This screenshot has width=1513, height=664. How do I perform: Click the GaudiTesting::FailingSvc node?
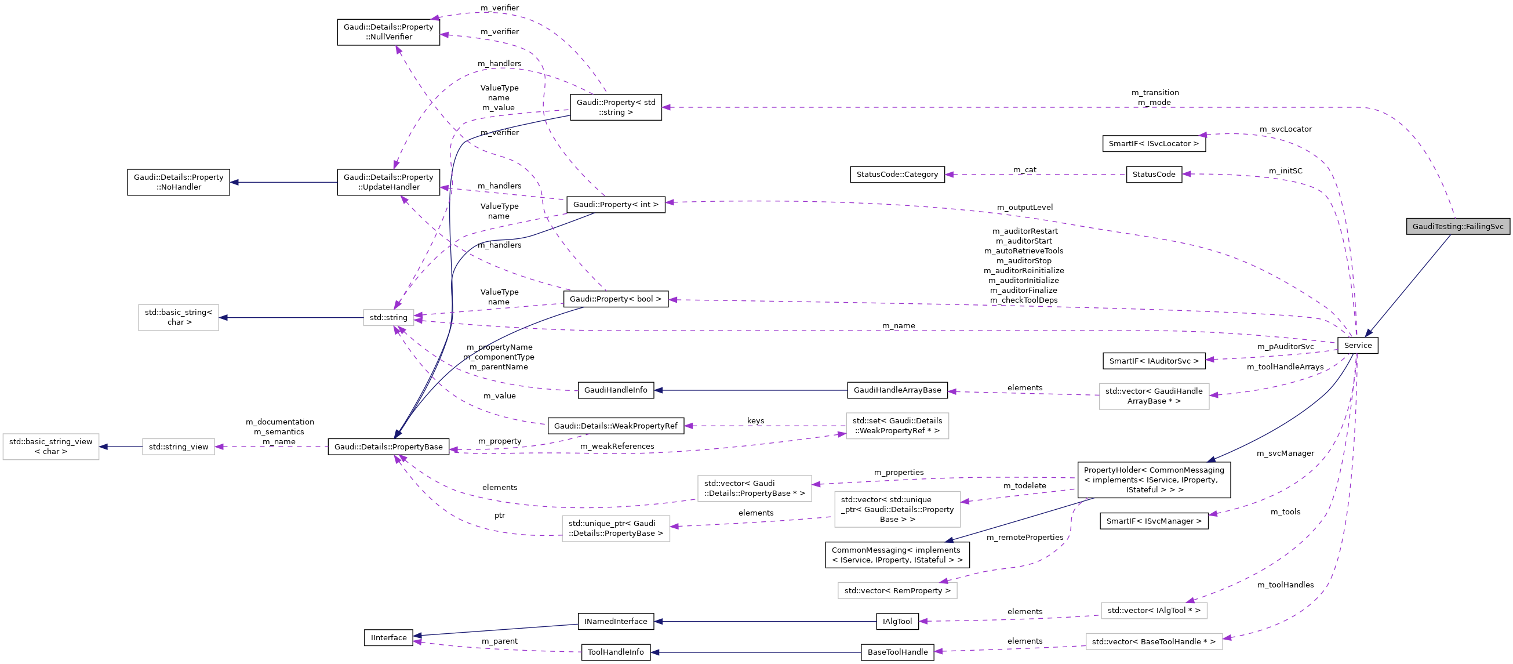click(1457, 226)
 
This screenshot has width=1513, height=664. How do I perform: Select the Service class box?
click(1358, 346)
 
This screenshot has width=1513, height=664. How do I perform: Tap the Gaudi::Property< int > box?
click(616, 205)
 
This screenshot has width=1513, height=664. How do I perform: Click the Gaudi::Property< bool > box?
click(616, 299)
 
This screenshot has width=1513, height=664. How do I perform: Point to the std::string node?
click(388, 318)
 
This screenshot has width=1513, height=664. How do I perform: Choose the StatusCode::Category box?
click(897, 175)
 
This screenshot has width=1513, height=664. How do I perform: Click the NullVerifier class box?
click(388, 32)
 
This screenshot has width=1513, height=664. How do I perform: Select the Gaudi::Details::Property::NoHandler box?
click(179, 182)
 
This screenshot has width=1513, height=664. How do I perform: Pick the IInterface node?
click(388, 637)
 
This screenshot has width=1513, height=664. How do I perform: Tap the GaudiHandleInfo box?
click(616, 390)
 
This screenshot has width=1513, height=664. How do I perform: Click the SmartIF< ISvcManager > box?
click(1154, 521)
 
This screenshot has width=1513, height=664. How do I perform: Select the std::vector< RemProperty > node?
click(897, 590)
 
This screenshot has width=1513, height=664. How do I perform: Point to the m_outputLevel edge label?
click(1024, 208)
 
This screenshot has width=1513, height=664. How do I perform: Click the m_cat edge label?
click(1024, 170)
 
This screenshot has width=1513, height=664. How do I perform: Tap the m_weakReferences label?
click(617, 447)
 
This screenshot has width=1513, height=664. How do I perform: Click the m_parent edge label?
click(499, 641)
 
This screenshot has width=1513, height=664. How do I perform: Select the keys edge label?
click(755, 421)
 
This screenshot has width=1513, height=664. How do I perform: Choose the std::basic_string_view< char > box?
click(51, 447)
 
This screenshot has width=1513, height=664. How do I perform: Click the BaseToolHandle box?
click(897, 652)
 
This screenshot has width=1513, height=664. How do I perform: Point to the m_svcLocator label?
click(1285, 129)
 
